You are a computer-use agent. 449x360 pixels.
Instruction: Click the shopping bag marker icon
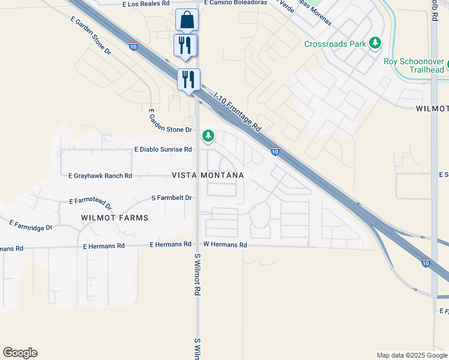(x=187, y=20)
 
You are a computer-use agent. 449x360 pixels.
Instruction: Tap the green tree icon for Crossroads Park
(x=375, y=43)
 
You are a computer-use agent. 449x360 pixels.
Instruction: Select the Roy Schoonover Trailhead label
(x=414, y=65)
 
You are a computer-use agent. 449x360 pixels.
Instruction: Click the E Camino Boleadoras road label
(x=235, y=2)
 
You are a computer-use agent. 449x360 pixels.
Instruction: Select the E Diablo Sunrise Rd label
(x=163, y=149)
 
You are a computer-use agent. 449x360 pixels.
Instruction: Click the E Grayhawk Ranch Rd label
(x=100, y=176)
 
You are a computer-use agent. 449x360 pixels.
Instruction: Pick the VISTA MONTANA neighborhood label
(x=208, y=175)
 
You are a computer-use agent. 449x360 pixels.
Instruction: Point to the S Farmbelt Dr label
(x=172, y=197)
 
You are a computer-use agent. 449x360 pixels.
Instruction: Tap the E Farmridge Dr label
(x=31, y=225)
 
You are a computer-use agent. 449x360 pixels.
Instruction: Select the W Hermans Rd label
(x=225, y=245)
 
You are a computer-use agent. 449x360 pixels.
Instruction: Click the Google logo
(x=20, y=353)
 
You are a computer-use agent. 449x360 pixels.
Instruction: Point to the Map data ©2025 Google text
(x=411, y=355)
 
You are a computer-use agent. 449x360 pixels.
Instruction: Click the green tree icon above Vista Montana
(x=208, y=136)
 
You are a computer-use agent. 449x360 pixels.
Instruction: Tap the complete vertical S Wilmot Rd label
(x=197, y=274)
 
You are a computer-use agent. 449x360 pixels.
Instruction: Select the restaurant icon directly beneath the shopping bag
(x=185, y=45)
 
